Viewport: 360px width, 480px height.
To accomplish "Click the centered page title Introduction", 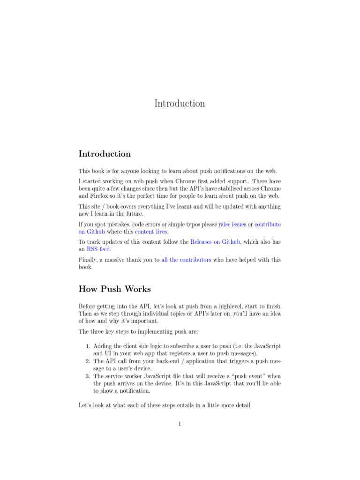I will tap(180, 104).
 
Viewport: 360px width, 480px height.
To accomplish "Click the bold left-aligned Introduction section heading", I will tap(105, 154).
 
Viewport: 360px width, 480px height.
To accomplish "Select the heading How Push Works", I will tap(114, 289).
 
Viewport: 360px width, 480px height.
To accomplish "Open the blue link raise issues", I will tap(232, 225).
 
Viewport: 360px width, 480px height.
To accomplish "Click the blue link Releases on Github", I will tap(215, 242).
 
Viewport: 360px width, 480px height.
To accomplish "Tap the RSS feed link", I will tap(98, 249).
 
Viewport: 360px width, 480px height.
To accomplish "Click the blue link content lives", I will tap(151, 232).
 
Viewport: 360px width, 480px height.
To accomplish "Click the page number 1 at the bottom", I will tap(180, 425).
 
